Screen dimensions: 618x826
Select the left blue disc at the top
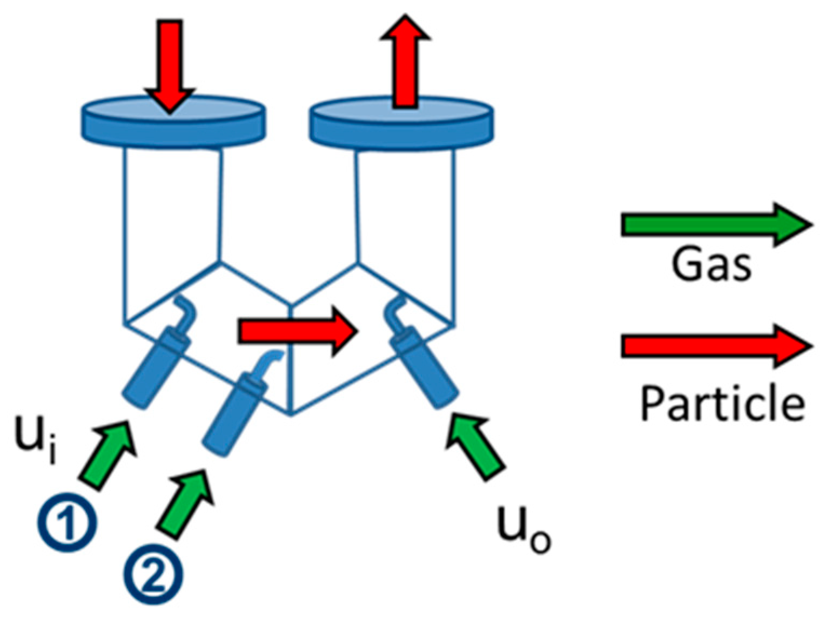(x=173, y=122)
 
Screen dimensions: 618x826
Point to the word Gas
(x=711, y=265)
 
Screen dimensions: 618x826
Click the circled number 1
(x=67, y=522)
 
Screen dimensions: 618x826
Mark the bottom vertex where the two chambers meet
(x=291, y=414)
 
